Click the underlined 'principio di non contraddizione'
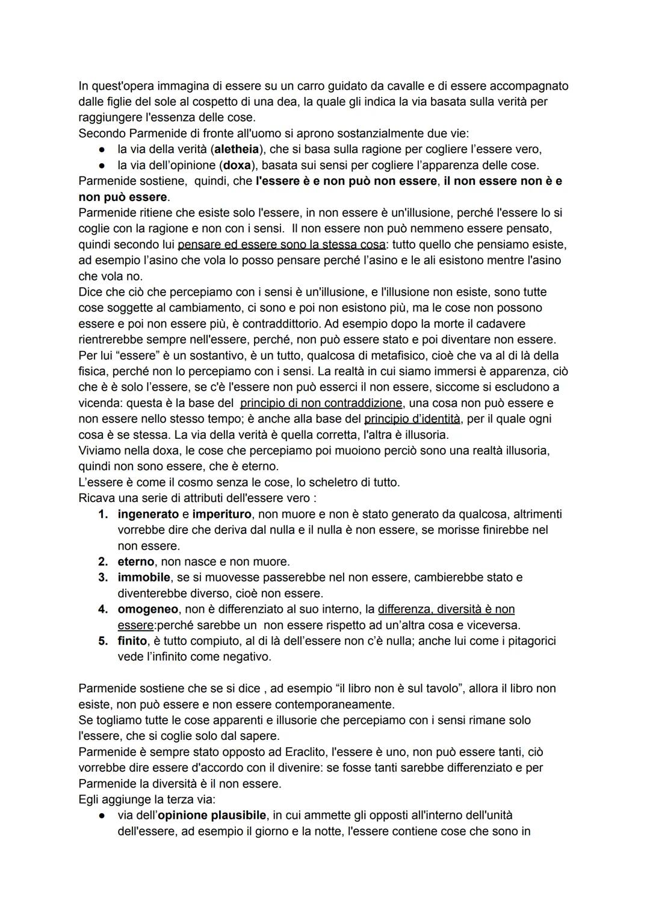321,403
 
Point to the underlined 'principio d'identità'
412,418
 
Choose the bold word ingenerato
148,514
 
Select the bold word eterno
136,562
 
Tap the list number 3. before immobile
103,577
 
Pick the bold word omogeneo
147,609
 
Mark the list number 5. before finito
103,640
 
